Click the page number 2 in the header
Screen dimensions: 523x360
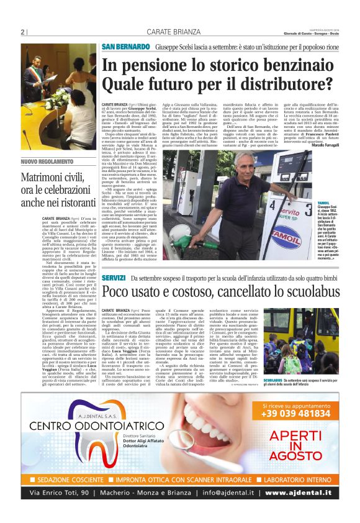[22, 32]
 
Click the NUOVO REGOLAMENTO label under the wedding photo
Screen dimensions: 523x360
[43, 161]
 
